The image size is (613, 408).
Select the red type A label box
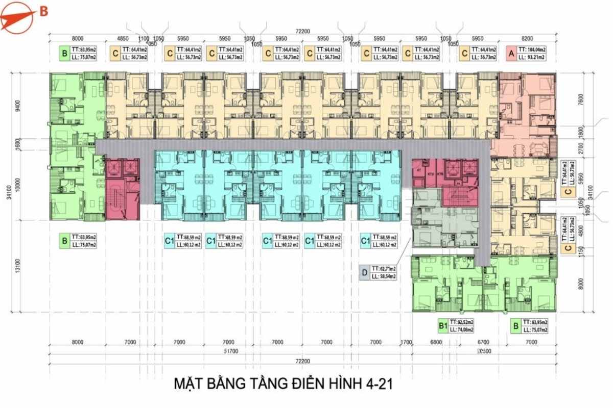510,53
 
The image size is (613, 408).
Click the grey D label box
364,272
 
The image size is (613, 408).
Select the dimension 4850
122,38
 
